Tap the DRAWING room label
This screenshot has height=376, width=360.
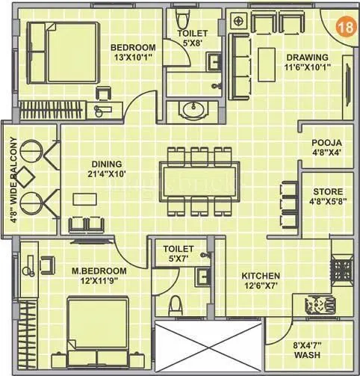[x=306, y=58]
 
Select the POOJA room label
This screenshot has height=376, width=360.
[x=327, y=142]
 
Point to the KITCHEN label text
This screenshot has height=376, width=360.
[x=261, y=276]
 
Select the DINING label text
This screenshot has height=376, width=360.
[x=107, y=164]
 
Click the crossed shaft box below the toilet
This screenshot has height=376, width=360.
[x=209, y=348]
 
